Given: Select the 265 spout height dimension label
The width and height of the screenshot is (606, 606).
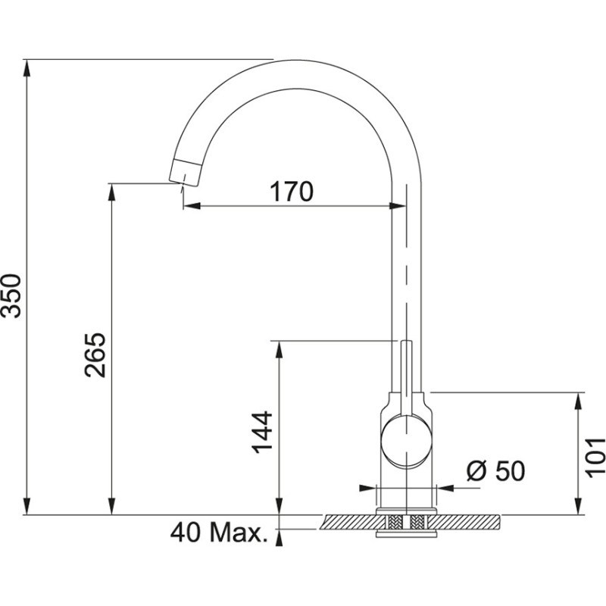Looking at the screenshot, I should (95, 354).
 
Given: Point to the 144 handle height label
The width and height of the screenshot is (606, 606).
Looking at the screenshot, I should (262, 432).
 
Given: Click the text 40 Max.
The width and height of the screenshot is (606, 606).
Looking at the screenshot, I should (220, 533).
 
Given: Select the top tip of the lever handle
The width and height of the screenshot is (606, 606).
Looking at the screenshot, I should (407, 343).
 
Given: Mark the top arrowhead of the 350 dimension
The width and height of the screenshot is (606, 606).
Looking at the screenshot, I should (28, 67).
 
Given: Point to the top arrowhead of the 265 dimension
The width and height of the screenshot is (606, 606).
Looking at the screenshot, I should (112, 191).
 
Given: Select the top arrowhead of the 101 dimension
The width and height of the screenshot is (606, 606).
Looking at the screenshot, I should (579, 400).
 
